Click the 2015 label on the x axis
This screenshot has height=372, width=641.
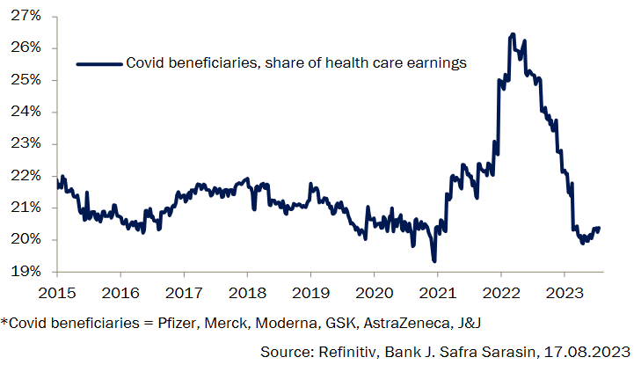57,291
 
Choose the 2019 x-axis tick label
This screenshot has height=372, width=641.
310,291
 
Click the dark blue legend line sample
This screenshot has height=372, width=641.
98,63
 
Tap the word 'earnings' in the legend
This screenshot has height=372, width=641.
435,63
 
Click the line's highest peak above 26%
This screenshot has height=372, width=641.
513,34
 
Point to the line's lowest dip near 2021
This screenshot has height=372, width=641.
433,260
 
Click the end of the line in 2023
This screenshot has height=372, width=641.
599,229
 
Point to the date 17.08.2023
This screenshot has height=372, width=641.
591,353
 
